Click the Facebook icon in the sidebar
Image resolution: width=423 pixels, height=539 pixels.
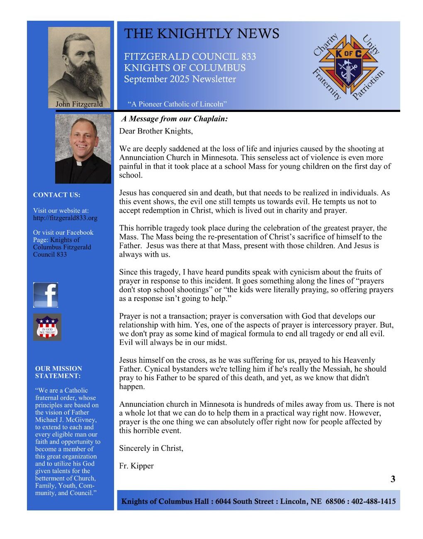[46, 295]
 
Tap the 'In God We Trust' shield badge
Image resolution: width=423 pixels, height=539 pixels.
[47, 327]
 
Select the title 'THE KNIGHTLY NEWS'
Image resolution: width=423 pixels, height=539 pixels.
[202, 34]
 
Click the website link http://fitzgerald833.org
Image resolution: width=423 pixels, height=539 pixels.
[65, 218]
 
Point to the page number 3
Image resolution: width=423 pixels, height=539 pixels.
[393, 479]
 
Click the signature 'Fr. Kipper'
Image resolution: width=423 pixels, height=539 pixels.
[136, 466]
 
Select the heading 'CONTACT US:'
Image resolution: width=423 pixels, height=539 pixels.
[57, 195]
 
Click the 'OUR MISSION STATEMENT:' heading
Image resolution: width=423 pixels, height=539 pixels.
[58, 372]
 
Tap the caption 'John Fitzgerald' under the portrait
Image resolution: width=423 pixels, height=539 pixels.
[79, 104]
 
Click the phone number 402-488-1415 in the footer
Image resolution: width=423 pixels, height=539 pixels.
[374, 501]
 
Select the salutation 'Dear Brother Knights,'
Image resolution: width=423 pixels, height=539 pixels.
[156, 131]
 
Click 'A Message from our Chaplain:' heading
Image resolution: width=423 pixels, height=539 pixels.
[175, 119]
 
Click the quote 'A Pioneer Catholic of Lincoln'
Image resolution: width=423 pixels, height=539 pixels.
[177, 104]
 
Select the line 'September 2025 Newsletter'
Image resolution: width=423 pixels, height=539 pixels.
[180, 79]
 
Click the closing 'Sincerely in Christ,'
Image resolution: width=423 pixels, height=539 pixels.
[151, 448]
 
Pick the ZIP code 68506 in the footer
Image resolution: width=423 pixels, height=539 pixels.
[335, 501]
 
